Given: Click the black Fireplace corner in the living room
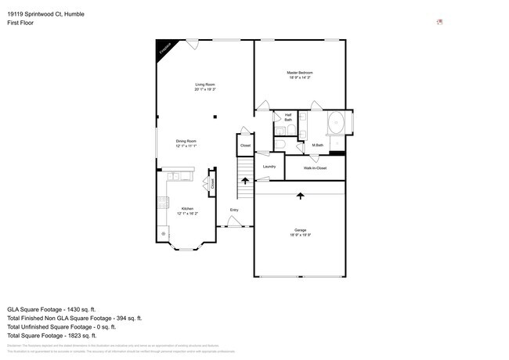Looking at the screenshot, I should pos(164,47).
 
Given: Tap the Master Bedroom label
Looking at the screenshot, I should pos(299,73).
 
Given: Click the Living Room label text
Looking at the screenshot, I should pos(205,85).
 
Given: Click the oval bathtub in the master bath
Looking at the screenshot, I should pos(336,124).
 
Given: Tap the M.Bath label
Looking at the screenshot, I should pos(318,145).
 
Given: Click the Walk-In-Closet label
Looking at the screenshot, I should pos(315,167).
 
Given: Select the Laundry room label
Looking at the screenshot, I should pos(269,166).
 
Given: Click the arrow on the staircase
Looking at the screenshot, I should pos(244,182).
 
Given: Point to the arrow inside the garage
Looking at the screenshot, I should pos(300,196).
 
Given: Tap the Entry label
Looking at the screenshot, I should pos(234,210).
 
